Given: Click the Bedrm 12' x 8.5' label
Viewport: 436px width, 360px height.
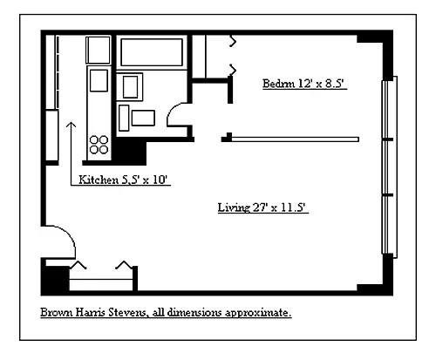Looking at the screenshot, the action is (304, 84).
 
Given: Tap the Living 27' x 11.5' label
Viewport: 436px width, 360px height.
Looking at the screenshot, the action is (262, 207).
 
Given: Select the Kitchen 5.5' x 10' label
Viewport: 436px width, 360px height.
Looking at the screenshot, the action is (123, 180).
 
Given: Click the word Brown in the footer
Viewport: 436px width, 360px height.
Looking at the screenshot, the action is (57, 313).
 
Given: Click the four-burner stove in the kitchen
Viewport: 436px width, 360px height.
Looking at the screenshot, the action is (99, 145).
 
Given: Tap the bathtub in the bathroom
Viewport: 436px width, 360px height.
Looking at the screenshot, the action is (152, 52).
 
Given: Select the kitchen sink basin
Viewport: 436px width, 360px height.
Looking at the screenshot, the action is (99, 80).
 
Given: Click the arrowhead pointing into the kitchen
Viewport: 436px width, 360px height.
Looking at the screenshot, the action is (71, 125).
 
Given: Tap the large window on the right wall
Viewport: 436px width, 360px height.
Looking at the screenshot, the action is (389, 167).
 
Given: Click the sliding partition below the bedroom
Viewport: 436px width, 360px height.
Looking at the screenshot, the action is (295, 139).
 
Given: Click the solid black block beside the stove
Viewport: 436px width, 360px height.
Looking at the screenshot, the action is (129, 152).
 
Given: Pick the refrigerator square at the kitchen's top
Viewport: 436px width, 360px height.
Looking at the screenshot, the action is (99, 50).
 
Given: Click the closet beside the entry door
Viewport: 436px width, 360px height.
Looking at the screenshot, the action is (101, 278).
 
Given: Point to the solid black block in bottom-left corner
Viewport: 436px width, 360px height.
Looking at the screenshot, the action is (55, 279).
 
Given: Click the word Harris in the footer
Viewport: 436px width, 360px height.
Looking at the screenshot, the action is (91, 313).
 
